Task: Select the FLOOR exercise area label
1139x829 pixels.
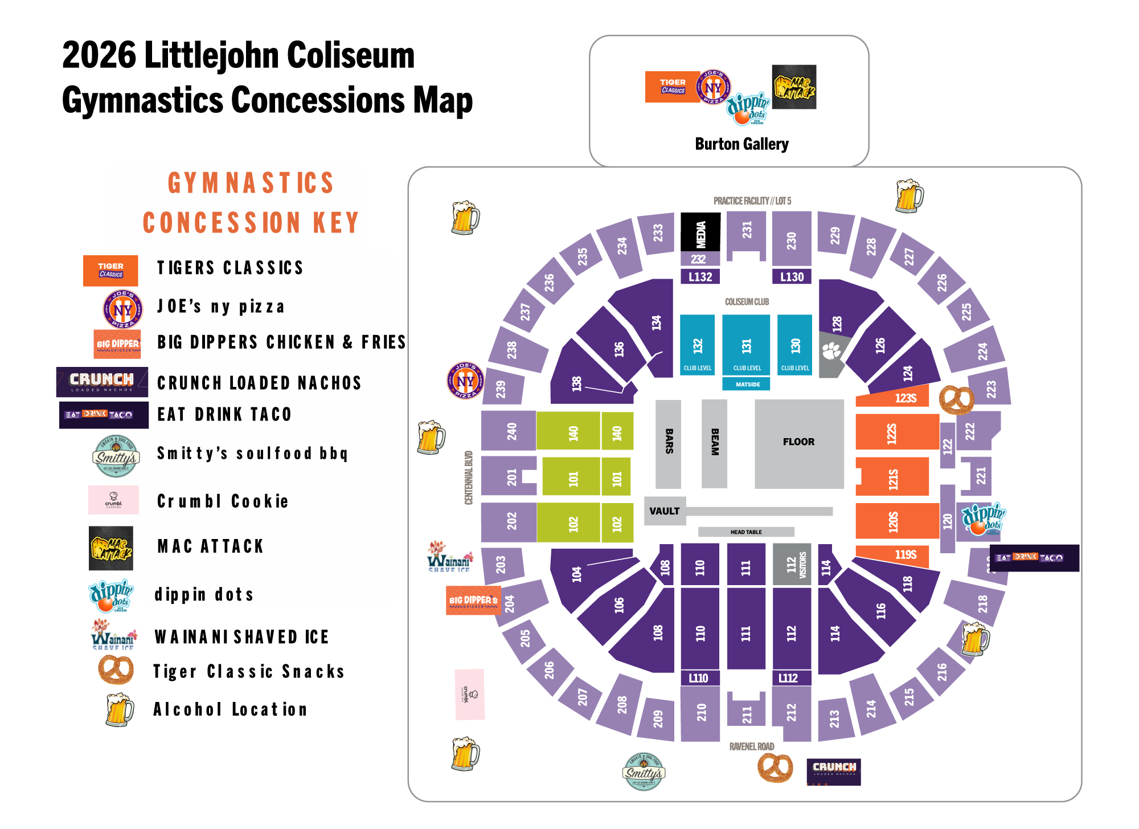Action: click(x=798, y=442)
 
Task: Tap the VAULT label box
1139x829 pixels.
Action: click(x=665, y=511)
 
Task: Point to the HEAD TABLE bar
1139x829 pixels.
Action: click(x=746, y=532)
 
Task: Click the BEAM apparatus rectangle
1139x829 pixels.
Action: click(x=714, y=443)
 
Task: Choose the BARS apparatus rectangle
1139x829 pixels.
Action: click(x=668, y=443)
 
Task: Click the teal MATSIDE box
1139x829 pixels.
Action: click(x=747, y=385)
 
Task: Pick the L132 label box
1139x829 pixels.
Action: click(x=700, y=277)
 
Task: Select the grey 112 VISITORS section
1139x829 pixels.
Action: click(x=792, y=564)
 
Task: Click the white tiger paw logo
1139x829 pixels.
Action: click(x=831, y=351)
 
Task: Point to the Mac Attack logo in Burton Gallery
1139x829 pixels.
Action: click(x=794, y=87)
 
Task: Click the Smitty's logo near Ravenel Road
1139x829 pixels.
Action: click(x=644, y=772)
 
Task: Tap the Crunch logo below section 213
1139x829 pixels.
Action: click(x=834, y=771)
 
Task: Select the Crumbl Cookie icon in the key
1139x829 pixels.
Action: click(x=113, y=500)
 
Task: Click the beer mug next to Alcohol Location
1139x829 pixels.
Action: click(x=120, y=709)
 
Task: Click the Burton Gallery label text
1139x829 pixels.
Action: click(x=741, y=144)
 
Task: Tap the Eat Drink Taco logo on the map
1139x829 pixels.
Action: click(x=1034, y=558)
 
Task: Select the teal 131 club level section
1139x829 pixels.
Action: click(x=746, y=345)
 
